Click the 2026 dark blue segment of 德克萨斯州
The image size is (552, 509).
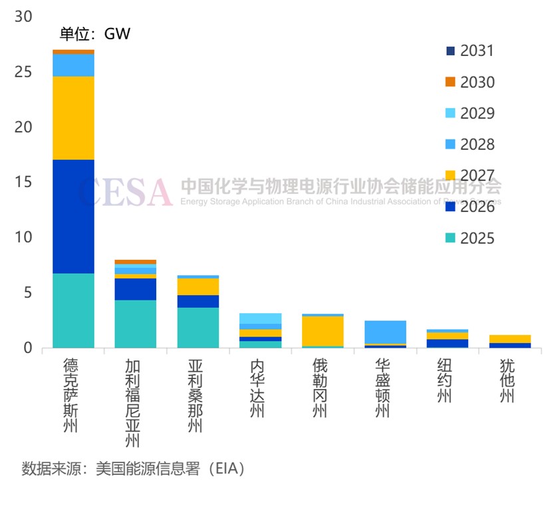(73, 217)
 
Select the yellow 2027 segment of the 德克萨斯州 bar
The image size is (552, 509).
(73, 118)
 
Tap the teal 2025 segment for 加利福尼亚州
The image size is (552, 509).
(136, 324)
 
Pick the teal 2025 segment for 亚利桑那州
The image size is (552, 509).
(198, 327)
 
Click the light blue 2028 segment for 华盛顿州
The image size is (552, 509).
(385, 332)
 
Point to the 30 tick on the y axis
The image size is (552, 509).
(23, 17)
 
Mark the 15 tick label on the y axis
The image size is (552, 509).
(23, 183)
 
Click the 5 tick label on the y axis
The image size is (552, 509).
(27, 292)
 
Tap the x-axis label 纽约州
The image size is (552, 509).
(448, 380)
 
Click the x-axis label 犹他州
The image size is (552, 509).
(509, 380)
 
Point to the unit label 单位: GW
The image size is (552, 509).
(95, 34)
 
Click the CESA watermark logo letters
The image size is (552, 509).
(126, 192)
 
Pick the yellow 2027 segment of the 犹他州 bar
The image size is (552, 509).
(509, 339)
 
